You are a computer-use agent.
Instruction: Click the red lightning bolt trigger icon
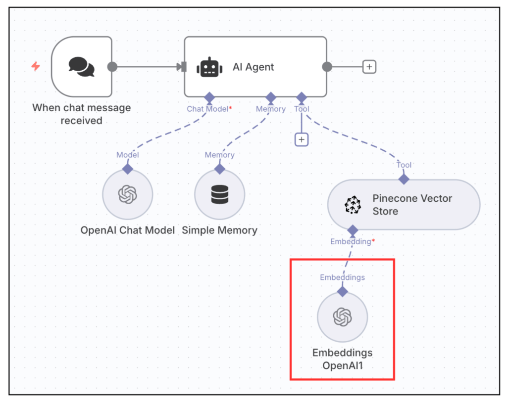pyautogui.click(x=36, y=66)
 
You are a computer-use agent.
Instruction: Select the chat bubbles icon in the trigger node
pyautogui.click(x=81, y=67)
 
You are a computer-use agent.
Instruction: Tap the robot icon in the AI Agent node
pyautogui.click(x=209, y=67)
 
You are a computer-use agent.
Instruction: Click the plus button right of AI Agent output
pyautogui.click(x=369, y=67)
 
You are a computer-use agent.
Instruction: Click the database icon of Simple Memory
pyautogui.click(x=219, y=195)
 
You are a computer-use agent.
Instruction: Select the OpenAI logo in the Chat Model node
pyautogui.click(x=127, y=195)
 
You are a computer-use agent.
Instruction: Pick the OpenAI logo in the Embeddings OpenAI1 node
pyautogui.click(x=342, y=317)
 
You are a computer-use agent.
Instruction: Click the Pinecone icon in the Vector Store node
pyautogui.click(x=353, y=205)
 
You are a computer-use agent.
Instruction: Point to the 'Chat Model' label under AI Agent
pyautogui.click(x=207, y=109)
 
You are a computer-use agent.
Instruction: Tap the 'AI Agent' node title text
pyautogui.click(x=253, y=67)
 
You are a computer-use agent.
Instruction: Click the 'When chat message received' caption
pyautogui.click(x=82, y=114)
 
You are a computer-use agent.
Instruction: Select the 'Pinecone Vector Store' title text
pyautogui.click(x=412, y=205)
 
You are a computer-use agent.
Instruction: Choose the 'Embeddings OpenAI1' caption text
pyautogui.click(x=342, y=359)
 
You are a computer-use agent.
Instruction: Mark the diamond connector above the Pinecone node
pyautogui.click(x=404, y=179)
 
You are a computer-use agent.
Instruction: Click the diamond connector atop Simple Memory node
pyautogui.click(x=219, y=169)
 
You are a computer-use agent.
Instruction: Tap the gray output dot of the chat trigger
pyautogui.click(x=112, y=67)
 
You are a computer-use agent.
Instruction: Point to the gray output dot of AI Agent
pyautogui.click(x=327, y=67)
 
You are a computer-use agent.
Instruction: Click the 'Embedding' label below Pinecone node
pyautogui.click(x=351, y=242)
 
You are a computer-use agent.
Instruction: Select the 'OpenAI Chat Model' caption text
pyautogui.click(x=128, y=230)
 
